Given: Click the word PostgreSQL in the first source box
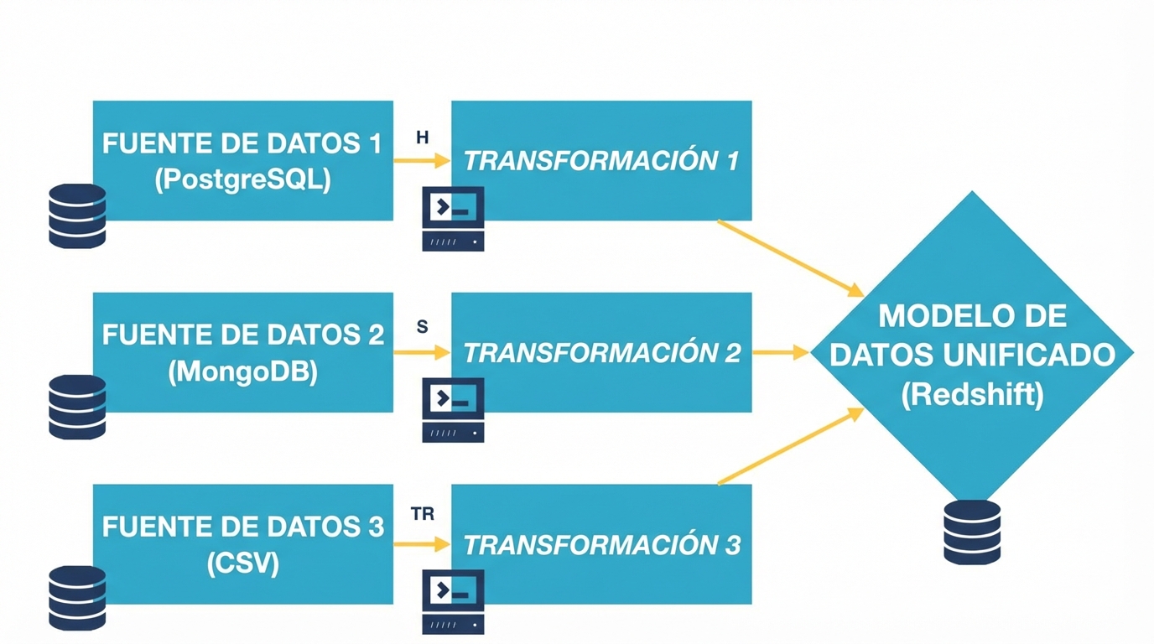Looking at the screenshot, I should pos(242,179).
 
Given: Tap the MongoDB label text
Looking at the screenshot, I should pos(242,371).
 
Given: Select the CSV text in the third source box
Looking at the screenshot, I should pos(242,563).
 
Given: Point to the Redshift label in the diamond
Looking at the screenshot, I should pos(972,394).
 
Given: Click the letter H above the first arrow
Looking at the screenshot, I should pos(423,138).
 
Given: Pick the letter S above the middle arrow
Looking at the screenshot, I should pos(422,327).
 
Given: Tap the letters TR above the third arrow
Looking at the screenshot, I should pos(423,514).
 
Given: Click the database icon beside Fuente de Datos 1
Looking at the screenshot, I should pos(77,216).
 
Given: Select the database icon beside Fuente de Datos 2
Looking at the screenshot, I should pos(77,407).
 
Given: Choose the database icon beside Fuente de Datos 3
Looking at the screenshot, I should pos(77,598).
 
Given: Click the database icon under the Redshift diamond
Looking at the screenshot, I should pos(972,532).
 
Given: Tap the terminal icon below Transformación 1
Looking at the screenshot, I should pos(453,220).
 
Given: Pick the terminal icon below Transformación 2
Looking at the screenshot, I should pos(453,410).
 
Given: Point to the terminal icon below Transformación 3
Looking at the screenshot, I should pos(453,602).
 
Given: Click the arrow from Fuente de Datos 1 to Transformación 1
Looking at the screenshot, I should pos(422,162).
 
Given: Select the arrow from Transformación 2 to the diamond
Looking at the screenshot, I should pos(780,353).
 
